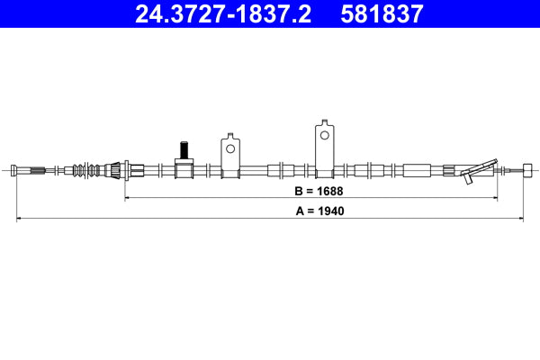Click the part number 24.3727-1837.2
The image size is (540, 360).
(x=223, y=14)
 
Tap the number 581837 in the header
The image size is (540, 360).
(x=382, y=14)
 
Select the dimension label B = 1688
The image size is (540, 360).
(x=319, y=191)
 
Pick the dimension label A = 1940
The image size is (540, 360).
(x=319, y=211)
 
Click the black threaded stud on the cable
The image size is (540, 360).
(x=184, y=150)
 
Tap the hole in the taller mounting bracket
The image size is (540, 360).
(x=324, y=135)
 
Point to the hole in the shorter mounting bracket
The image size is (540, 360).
(x=230, y=148)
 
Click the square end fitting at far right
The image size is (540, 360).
(x=527, y=170)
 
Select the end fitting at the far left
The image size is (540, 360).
(x=14, y=170)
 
